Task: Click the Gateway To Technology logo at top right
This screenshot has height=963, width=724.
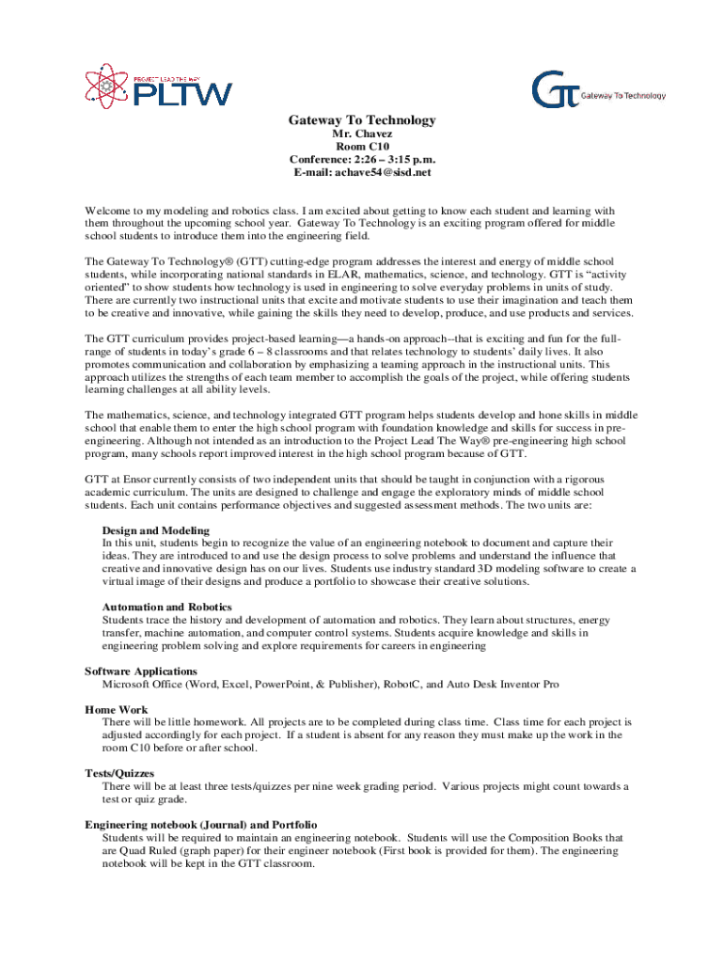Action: pyautogui.click(x=598, y=89)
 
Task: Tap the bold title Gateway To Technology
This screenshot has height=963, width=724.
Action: pyautogui.click(x=362, y=120)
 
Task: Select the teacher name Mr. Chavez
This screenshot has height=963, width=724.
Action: pyautogui.click(x=362, y=134)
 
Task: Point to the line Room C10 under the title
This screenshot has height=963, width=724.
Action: pyautogui.click(x=362, y=148)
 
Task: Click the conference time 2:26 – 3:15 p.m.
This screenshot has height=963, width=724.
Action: pyautogui.click(x=394, y=160)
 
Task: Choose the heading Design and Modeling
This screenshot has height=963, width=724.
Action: pyautogui.click(x=156, y=531)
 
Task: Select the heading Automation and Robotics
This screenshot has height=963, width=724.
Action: pyautogui.click(x=166, y=608)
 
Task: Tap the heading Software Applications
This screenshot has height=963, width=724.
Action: pyautogui.click(x=141, y=671)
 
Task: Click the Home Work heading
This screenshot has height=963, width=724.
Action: pyautogui.click(x=117, y=710)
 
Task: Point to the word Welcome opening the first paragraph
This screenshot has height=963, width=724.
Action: pyautogui.click(x=108, y=212)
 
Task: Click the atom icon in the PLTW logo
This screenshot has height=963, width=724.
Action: pyautogui.click(x=103, y=84)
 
